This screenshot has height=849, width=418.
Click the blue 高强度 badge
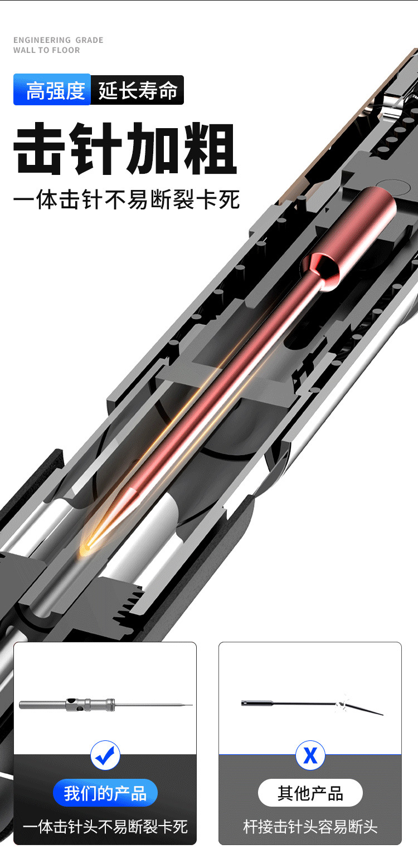point(52,90)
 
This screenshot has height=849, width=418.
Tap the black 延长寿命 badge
point(138,90)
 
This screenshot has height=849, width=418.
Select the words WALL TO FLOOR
point(47,50)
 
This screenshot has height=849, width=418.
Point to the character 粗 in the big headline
point(210,149)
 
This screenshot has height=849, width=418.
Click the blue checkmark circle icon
point(105,754)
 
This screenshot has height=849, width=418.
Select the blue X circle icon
point(310,755)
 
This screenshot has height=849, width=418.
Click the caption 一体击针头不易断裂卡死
point(105,826)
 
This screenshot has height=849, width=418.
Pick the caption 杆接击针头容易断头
point(310,826)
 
